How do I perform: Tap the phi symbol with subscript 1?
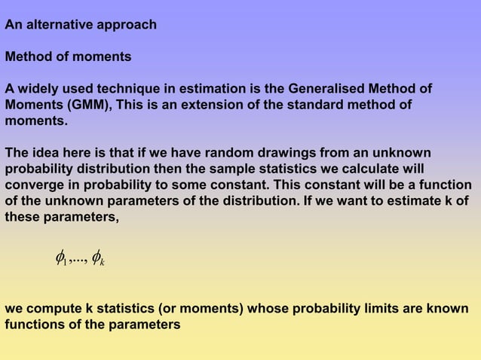(62, 260)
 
